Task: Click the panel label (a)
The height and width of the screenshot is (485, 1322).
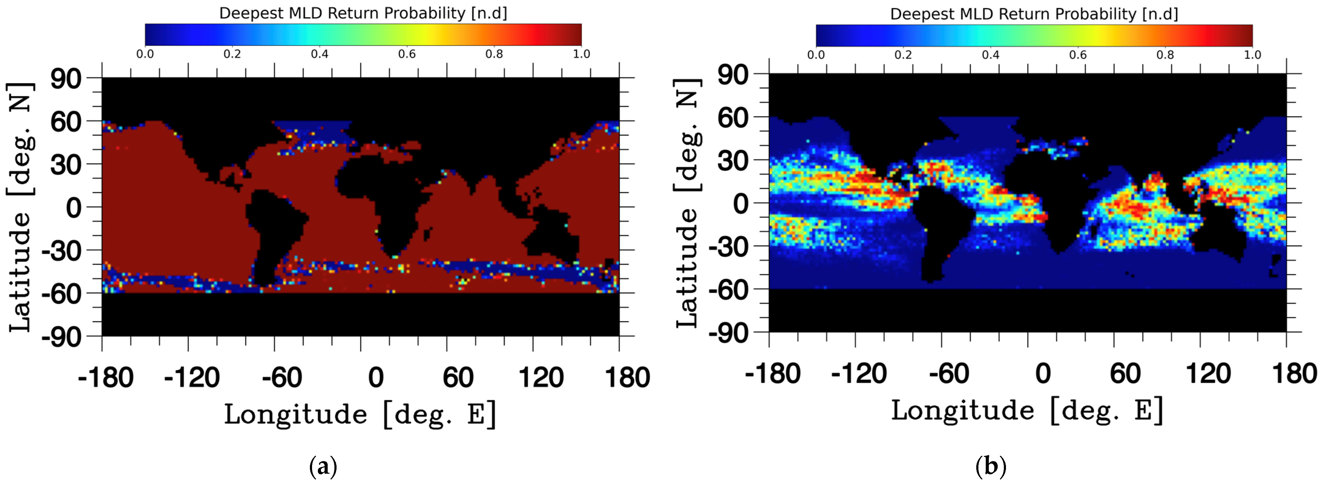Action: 323,467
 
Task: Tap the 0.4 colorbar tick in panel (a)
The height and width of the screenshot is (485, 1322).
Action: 319,54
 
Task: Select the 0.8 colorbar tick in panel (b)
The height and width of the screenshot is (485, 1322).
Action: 1165,55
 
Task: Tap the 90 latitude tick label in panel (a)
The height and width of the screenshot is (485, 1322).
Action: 66,80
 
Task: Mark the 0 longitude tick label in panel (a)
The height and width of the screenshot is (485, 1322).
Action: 376,378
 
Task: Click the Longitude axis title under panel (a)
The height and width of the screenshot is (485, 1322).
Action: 360,414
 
